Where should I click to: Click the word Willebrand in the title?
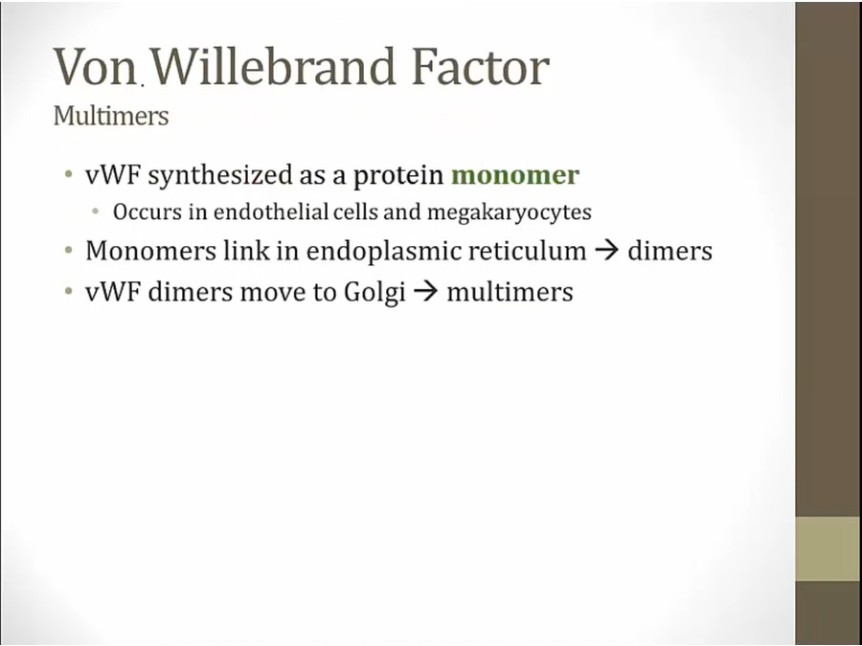(x=273, y=66)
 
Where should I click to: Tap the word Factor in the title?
(x=480, y=66)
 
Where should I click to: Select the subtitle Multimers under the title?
(x=111, y=116)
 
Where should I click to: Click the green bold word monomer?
(x=515, y=175)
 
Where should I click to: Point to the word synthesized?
(x=220, y=176)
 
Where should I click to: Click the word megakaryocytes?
(x=510, y=212)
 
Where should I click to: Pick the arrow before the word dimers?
(x=607, y=251)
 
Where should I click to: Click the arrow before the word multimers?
(x=426, y=292)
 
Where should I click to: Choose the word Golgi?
(x=374, y=292)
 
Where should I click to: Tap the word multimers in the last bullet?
(x=510, y=292)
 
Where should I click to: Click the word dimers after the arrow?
(x=669, y=251)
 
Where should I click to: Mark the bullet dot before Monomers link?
(x=68, y=251)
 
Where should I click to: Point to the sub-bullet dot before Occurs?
(x=96, y=212)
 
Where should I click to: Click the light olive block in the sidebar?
(x=828, y=548)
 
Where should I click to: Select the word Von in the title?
(x=95, y=66)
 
